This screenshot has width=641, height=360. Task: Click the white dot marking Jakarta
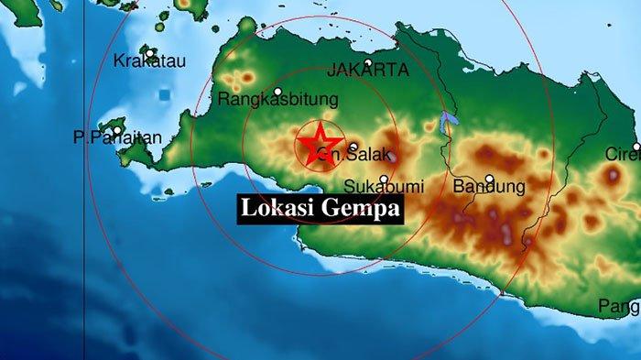[x=368, y=63]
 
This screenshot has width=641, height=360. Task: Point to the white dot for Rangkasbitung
[x=277, y=92]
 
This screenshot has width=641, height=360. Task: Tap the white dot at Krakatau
[x=149, y=54]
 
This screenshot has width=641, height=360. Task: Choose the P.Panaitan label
[x=118, y=137]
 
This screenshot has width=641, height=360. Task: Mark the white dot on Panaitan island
[x=116, y=130]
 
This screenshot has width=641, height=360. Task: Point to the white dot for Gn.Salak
[x=353, y=147]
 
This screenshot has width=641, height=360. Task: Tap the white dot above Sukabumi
[x=384, y=180]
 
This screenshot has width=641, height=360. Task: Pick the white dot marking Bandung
[x=490, y=179]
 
